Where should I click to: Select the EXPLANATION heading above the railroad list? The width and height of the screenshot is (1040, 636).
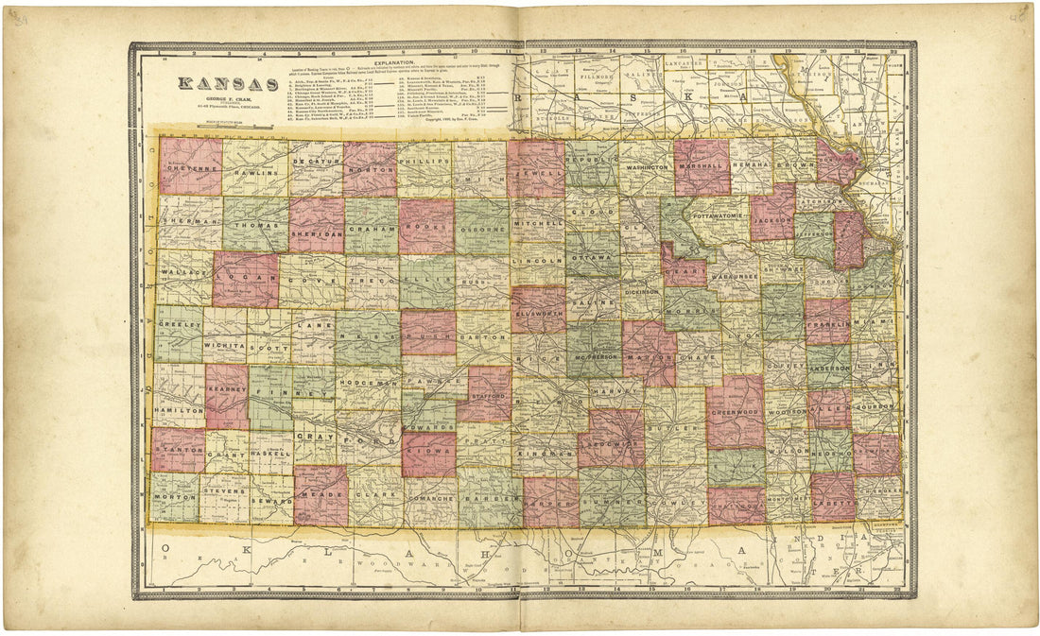[401, 60]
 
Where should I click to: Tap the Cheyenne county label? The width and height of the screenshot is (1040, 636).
[190, 167]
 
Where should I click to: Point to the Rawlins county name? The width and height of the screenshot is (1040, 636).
[255, 173]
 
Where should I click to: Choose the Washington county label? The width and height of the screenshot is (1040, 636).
[648, 167]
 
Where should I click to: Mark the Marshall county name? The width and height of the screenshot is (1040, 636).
[703, 164]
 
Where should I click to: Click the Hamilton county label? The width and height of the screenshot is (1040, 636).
[179, 411]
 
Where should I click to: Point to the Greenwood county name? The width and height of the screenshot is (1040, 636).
[735, 411]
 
